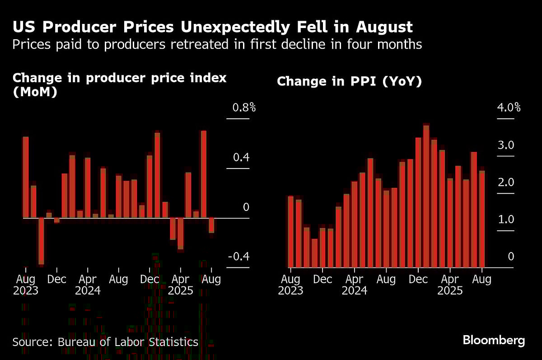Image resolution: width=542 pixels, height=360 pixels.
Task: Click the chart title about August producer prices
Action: [x=212, y=27]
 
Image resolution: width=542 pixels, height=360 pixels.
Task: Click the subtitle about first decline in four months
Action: [x=217, y=44]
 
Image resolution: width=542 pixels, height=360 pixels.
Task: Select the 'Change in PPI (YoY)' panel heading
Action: [x=349, y=81]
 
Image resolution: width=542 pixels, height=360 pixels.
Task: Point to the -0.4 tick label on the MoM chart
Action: [x=238, y=257]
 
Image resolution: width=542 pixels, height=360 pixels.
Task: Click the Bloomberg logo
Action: [x=494, y=341]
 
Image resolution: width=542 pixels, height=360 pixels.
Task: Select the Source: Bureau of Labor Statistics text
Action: [x=105, y=342]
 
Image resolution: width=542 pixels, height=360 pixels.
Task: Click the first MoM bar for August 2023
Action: [x=26, y=177]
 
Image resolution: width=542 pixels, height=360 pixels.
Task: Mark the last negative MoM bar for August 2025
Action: [x=211, y=225]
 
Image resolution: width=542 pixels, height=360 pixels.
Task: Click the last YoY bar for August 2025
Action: [x=482, y=219]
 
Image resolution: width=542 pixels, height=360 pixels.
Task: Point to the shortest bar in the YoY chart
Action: [x=315, y=253]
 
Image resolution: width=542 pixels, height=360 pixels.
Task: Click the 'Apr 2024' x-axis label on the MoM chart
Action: [x=88, y=284]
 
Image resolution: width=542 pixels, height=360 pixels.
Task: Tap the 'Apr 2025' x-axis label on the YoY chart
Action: [x=450, y=284]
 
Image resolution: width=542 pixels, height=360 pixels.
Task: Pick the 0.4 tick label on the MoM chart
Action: [x=241, y=158]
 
